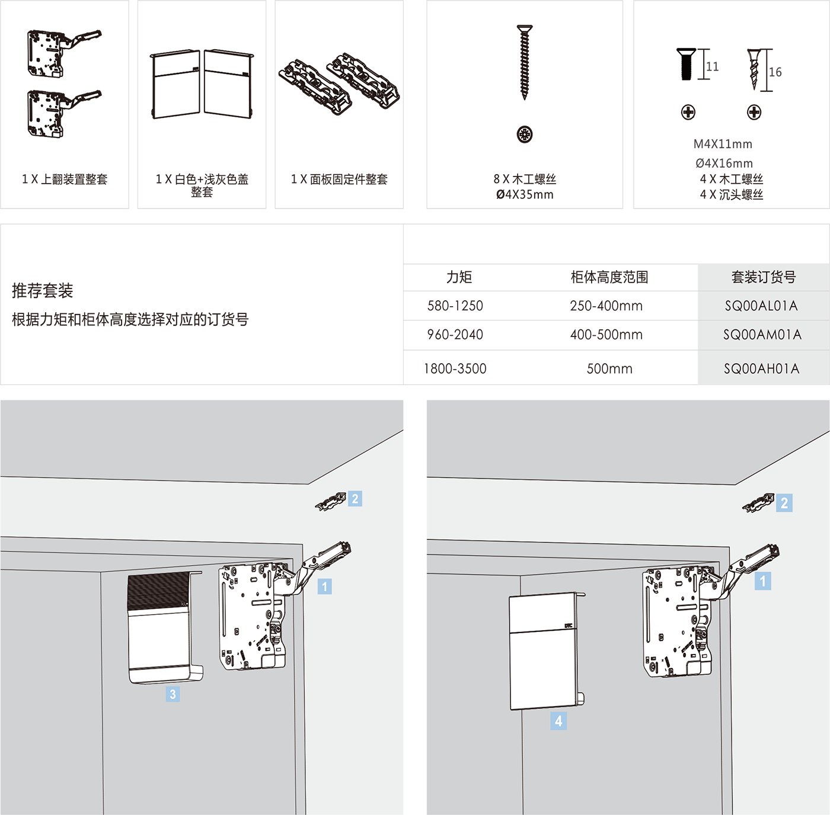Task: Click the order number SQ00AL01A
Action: click(x=761, y=306)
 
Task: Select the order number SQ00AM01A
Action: click(x=762, y=334)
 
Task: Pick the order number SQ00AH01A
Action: click(x=761, y=368)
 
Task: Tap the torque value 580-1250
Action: click(x=455, y=306)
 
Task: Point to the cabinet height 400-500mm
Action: click(x=606, y=334)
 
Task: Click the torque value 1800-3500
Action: click(x=455, y=368)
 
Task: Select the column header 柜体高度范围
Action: click(x=609, y=277)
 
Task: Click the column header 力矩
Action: click(x=459, y=277)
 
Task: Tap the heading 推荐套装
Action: click(x=42, y=290)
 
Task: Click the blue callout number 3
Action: click(x=173, y=694)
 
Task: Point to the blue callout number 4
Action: click(x=558, y=721)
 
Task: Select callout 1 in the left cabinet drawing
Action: click(x=325, y=586)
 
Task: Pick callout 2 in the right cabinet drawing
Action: click(x=784, y=503)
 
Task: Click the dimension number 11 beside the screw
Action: click(x=713, y=66)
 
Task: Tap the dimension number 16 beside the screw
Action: click(x=775, y=72)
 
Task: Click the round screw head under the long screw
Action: click(x=525, y=134)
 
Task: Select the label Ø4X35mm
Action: click(x=525, y=194)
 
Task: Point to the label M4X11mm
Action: click(x=722, y=144)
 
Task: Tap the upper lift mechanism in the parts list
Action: click(x=64, y=53)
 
